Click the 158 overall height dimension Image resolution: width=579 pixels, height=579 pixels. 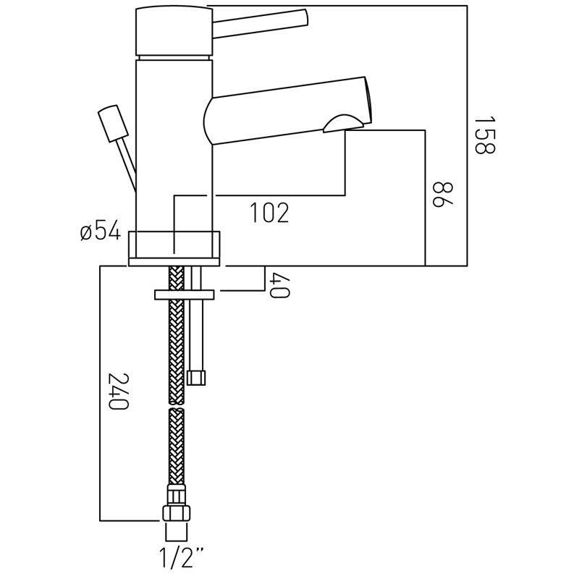(x=484, y=135)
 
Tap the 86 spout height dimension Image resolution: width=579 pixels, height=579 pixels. (x=442, y=194)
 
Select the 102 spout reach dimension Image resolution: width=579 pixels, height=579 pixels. (x=269, y=213)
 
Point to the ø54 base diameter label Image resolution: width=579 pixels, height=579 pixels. (x=101, y=230)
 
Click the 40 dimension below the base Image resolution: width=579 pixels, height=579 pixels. (x=280, y=285)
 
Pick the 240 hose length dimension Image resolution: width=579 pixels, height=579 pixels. (x=118, y=392)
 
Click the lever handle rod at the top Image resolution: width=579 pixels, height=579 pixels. (x=261, y=23)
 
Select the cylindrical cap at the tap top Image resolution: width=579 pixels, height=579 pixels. (x=174, y=30)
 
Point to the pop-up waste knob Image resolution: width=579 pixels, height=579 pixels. (x=113, y=124)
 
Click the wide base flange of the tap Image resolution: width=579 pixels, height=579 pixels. (x=174, y=248)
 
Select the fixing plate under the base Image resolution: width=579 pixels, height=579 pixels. (x=185, y=295)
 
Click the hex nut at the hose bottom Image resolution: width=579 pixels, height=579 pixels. (x=176, y=513)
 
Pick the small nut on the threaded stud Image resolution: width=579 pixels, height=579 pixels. (x=196, y=378)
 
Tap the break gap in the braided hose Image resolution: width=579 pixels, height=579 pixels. (x=177, y=406)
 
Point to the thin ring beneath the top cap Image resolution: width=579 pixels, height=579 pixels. (x=174, y=57)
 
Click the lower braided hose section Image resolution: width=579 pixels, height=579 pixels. (x=177, y=447)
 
